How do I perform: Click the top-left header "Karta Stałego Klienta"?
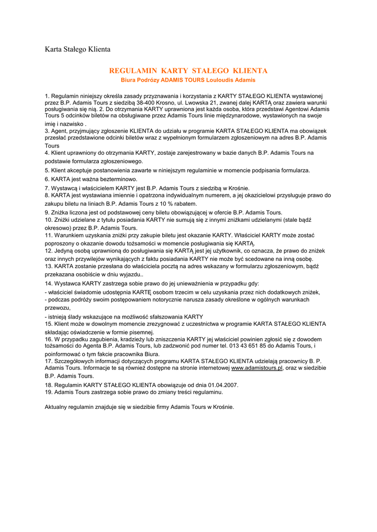click(77, 49)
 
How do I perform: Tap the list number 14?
click(49, 284)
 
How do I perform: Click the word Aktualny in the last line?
click(57, 407)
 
